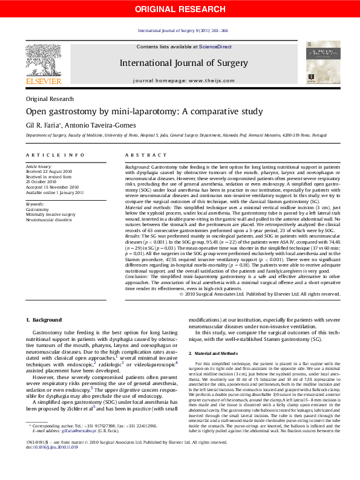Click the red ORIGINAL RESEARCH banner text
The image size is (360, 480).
click(x=180, y=8)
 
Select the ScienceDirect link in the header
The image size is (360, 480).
click(x=215, y=47)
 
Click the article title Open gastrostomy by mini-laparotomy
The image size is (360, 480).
click(x=144, y=111)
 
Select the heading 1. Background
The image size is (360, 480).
click(x=44, y=319)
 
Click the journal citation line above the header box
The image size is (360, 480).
click(x=183, y=30)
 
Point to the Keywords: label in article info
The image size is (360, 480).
click(x=35, y=204)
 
